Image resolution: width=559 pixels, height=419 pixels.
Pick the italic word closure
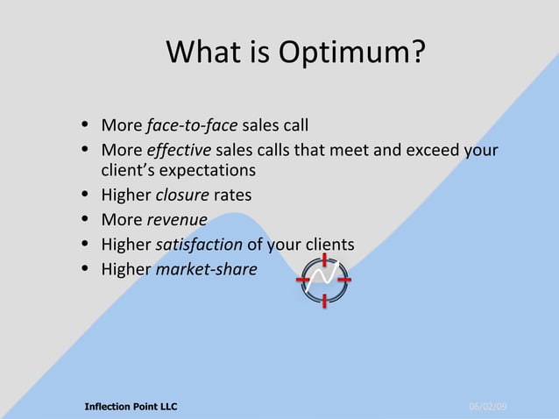(182, 195)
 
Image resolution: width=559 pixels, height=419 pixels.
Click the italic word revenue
(178, 220)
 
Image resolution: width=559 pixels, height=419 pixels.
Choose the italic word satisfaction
(198, 245)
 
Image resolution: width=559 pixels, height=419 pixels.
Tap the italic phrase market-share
(206, 269)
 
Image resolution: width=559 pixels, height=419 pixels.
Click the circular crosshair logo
(324, 281)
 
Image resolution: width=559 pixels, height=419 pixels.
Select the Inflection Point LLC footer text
(131, 407)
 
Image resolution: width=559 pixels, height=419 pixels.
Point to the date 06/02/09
(488, 407)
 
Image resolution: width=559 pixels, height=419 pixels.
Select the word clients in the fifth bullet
(327, 245)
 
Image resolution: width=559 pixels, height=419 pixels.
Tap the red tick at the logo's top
(324, 259)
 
